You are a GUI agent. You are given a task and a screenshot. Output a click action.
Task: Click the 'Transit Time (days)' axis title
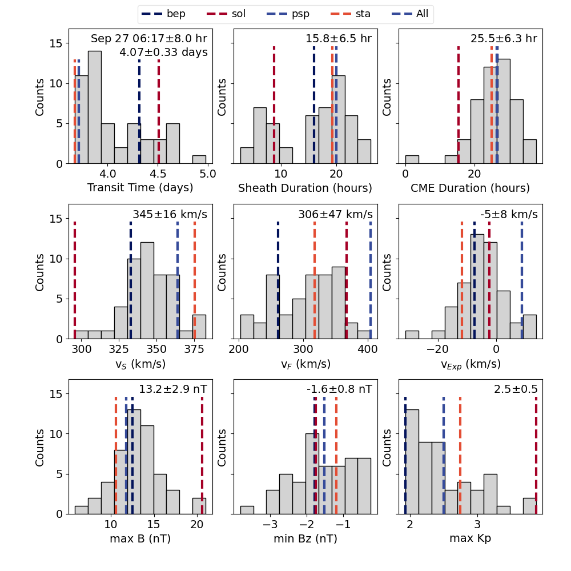tap(140, 188)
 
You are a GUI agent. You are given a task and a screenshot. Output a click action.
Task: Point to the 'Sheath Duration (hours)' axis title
tap(305, 188)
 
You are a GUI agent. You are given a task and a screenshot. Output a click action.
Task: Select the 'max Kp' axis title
tap(470, 538)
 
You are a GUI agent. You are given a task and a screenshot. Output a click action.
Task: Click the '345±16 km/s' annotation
tap(170, 215)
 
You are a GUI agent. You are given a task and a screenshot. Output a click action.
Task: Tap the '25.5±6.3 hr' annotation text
tap(504, 39)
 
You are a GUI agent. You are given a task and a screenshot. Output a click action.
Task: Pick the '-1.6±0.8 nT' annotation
tap(339, 389)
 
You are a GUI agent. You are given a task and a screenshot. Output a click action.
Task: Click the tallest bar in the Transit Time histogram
tap(95, 107)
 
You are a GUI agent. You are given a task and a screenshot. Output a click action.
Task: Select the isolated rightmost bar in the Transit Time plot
tap(199, 159)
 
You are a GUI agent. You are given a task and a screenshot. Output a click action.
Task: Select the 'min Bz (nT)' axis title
tap(305, 538)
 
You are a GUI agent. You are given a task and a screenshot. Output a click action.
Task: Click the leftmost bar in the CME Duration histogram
tap(412, 159)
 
